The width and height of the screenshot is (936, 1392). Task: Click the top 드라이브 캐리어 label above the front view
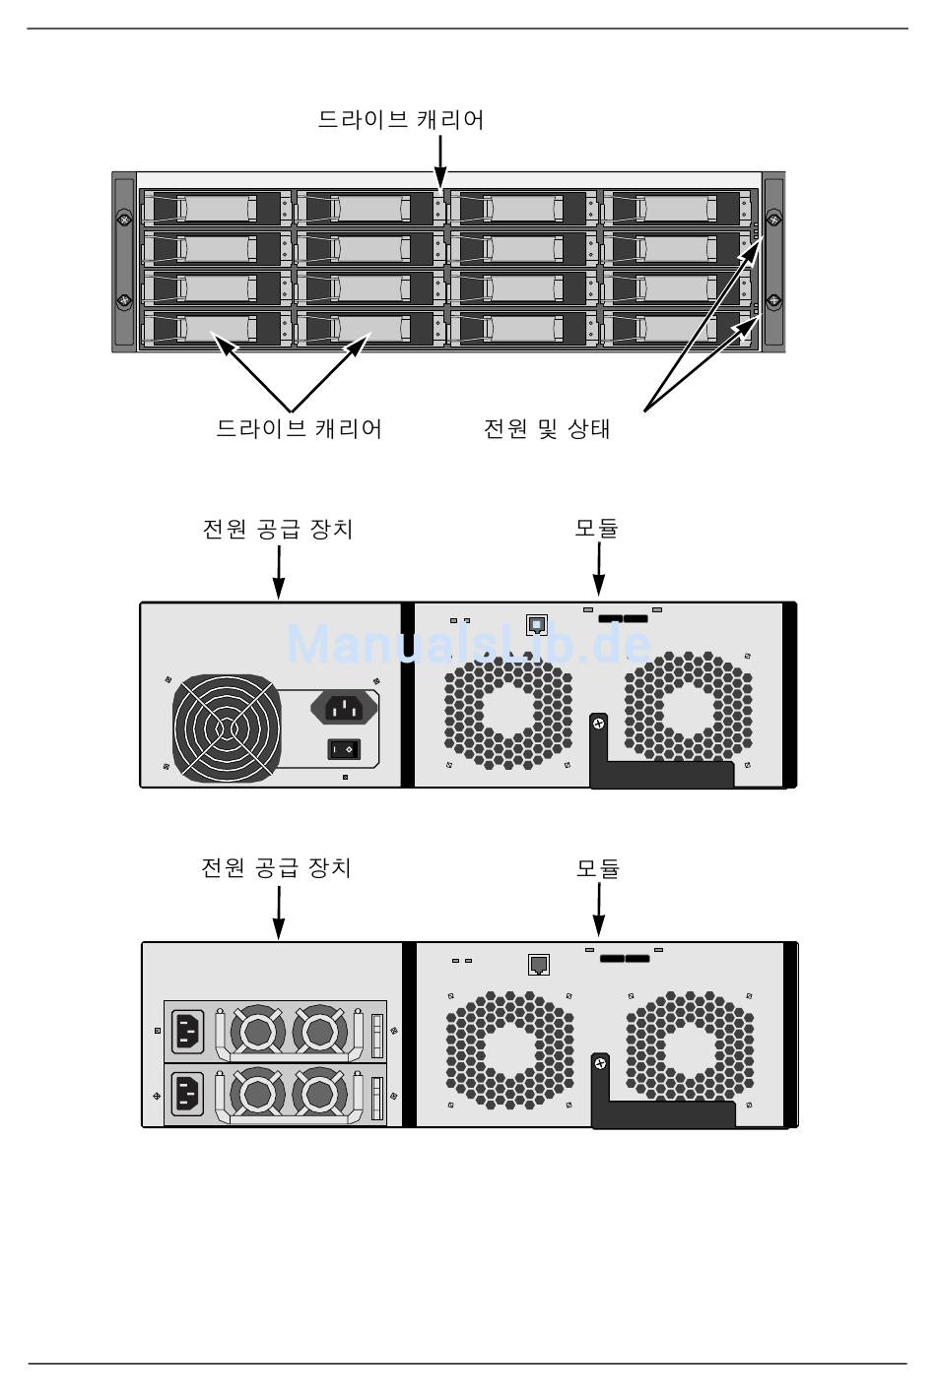pyautogui.click(x=400, y=120)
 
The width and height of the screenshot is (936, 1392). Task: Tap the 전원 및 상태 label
pyautogui.click(x=547, y=429)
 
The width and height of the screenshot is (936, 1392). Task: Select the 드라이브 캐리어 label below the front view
pyautogui.click(x=299, y=429)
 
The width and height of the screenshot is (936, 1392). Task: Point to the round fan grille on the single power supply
pyautogui.click(x=224, y=729)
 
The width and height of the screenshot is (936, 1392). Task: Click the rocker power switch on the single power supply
pyautogui.click(x=344, y=750)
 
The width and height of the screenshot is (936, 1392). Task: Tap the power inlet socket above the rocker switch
pyautogui.click(x=345, y=706)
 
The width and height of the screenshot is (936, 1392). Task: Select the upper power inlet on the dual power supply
pyautogui.click(x=189, y=1031)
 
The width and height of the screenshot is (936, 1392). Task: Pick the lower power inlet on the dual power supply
pyautogui.click(x=189, y=1093)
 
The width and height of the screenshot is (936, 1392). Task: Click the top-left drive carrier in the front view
pyautogui.click(x=215, y=208)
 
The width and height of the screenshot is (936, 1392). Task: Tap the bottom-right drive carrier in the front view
pyautogui.click(x=675, y=328)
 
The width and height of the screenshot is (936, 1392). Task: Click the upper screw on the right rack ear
pyautogui.click(x=774, y=220)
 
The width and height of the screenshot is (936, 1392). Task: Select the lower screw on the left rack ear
pyautogui.click(x=123, y=300)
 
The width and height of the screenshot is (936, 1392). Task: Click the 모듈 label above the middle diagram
pyautogui.click(x=596, y=529)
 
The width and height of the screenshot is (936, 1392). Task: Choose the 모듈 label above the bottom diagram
pyautogui.click(x=597, y=868)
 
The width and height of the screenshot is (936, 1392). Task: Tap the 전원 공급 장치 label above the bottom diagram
pyautogui.click(x=277, y=868)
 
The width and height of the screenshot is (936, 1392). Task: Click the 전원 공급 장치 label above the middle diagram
pyautogui.click(x=277, y=529)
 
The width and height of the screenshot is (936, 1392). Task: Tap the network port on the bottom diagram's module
pyautogui.click(x=539, y=964)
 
